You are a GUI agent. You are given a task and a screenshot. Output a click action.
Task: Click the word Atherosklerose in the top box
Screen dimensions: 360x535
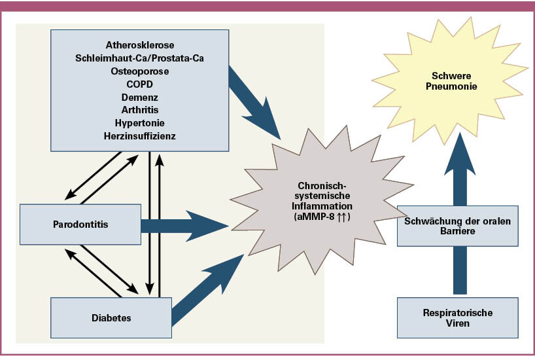point(139,45)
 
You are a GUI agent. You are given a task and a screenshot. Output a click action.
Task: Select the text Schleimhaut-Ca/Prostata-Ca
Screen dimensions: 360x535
point(139,58)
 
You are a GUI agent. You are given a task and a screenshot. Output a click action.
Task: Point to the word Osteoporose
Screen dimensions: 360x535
point(139,71)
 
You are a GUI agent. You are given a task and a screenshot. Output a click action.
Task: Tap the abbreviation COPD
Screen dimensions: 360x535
point(139,84)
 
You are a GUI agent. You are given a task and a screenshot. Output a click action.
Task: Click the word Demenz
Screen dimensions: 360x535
point(139,98)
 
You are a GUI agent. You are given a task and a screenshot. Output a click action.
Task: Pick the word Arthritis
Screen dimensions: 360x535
point(139,110)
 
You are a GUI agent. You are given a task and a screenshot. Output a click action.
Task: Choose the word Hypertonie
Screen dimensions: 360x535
point(139,123)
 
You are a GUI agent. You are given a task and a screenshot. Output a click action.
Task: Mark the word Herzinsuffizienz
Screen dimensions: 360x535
point(139,136)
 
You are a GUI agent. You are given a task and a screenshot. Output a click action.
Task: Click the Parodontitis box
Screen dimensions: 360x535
point(80,225)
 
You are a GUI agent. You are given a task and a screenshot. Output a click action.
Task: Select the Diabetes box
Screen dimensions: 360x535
point(111,318)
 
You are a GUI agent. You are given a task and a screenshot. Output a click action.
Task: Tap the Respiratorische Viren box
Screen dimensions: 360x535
point(457,318)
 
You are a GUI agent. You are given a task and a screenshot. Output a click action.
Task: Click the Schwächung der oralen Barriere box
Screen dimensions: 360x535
point(457,225)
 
